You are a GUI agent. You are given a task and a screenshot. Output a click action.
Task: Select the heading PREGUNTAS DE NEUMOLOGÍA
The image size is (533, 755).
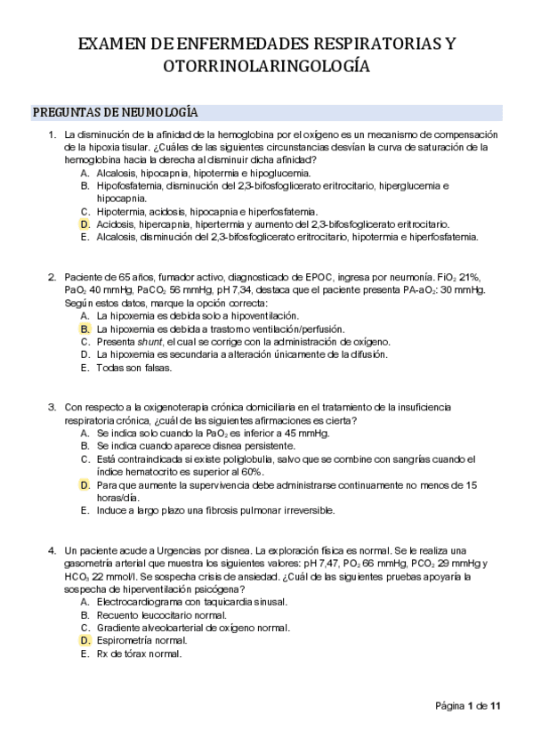(115, 112)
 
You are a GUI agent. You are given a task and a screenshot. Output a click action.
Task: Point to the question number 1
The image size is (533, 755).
(52, 134)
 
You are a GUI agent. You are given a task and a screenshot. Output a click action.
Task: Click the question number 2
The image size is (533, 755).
(52, 277)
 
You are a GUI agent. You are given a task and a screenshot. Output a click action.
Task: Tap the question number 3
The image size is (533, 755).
(52, 407)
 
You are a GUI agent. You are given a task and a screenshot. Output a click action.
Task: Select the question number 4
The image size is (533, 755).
(52, 550)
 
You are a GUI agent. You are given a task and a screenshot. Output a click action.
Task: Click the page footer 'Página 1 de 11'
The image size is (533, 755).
(469, 706)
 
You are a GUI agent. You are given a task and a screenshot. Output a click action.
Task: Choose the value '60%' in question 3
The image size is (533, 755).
(250, 472)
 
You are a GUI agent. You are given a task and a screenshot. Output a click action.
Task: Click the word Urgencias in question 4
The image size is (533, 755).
(151, 550)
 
